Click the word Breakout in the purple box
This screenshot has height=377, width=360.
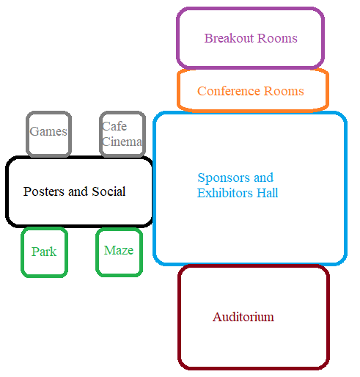(x=229, y=38)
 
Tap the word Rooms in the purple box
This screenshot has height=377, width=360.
(x=277, y=38)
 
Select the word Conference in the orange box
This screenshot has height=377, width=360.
(x=229, y=91)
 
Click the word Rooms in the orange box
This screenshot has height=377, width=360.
(x=284, y=91)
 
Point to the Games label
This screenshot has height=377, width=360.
(x=48, y=131)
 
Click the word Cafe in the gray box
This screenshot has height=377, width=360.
(x=114, y=126)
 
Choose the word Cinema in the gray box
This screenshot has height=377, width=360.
(x=122, y=142)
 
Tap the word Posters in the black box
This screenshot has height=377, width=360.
(x=44, y=191)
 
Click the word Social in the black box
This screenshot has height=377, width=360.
(x=109, y=191)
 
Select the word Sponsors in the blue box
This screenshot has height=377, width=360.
(x=224, y=177)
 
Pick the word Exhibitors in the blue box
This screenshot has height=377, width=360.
(x=225, y=193)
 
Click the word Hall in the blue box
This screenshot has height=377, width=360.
(x=267, y=193)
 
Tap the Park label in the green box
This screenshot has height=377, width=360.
(x=44, y=252)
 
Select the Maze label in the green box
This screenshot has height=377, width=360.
(x=119, y=250)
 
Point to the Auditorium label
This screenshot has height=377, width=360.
(x=243, y=317)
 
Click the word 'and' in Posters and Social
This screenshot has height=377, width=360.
(x=78, y=191)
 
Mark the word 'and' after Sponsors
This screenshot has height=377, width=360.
(x=264, y=177)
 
